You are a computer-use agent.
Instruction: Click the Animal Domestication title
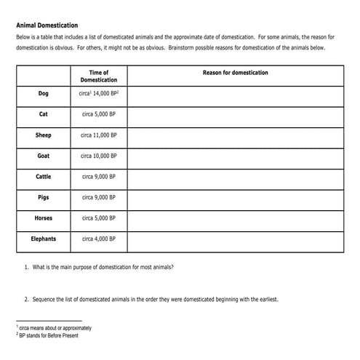[48, 24]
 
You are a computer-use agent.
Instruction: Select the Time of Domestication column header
[98, 76]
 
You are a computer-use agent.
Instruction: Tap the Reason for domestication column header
[235, 73]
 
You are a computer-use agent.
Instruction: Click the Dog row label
[44, 94]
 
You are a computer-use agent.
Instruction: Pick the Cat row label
[44, 114]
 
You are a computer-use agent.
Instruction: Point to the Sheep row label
[44, 135]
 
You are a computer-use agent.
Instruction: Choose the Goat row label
[44, 156]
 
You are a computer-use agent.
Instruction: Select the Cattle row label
[44, 177]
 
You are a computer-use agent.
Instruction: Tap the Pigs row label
[44, 197]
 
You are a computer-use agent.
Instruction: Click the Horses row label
[44, 218]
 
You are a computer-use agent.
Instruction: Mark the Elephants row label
[44, 239]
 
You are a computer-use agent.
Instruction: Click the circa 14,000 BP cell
[98, 94]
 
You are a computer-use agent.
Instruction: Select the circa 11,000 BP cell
[98, 135]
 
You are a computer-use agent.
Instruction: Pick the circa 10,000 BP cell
[98, 156]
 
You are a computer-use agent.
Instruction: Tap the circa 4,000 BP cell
[98, 239]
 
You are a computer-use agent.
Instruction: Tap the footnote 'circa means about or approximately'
[55, 329]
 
